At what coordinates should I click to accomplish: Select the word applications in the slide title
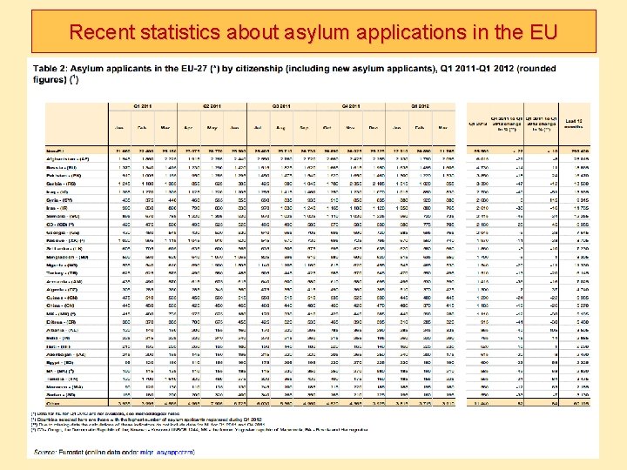421,34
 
